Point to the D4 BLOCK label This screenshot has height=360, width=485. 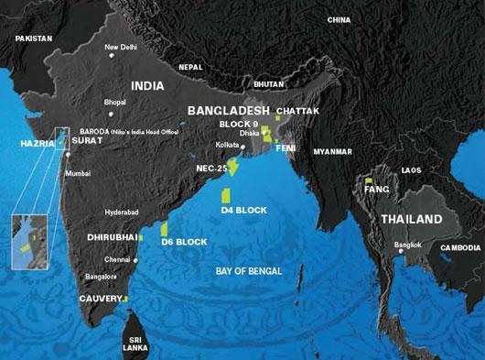(244, 210)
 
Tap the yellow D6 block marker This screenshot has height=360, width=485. (164, 229)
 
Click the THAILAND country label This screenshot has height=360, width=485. (411, 220)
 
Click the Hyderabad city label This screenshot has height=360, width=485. (123, 212)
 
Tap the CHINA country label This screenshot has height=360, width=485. (339, 19)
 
